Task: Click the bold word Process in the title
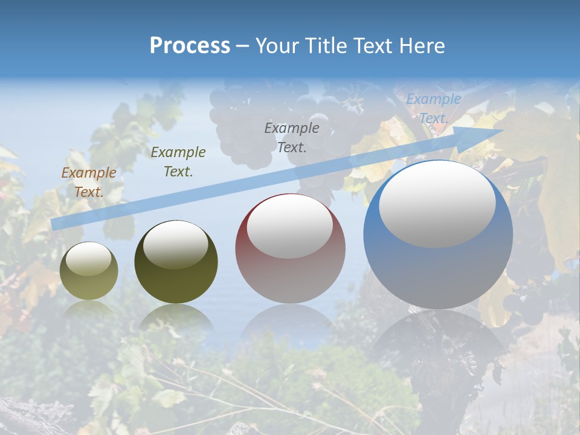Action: click(x=190, y=46)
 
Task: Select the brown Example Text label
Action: click(x=88, y=182)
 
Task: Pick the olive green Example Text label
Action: click(x=178, y=161)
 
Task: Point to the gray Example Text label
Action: click(x=292, y=137)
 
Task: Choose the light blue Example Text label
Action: click(x=433, y=109)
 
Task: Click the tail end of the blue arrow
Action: click(x=53, y=224)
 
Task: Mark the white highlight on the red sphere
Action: click(x=290, y=227)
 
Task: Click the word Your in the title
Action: click(x=276, y=46)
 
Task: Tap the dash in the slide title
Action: click(x=243, y=46)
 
